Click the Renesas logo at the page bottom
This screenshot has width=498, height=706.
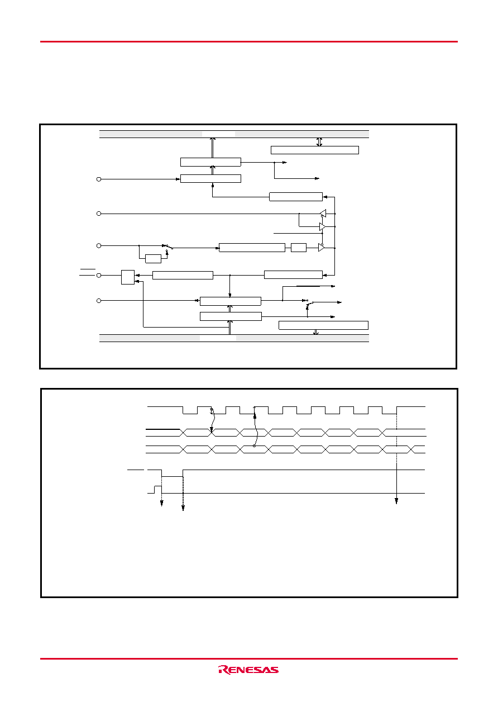pyautogui.click(x=248, y=670)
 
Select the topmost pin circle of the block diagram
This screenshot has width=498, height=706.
pyautogui.click(x=99, y=179)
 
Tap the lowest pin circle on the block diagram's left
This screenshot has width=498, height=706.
pyautogui.click(x=99, y=301)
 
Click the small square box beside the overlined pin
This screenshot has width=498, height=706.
pyautogui.click(x=128, y=277)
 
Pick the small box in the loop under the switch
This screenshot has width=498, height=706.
pyautogui.click(x=154, y=259)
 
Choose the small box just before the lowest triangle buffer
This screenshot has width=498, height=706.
pyautogui.click(x=299, y=248)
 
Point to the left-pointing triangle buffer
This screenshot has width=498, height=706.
pyautogui.click(x=323, y=214)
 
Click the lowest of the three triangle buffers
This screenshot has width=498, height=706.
pyautogui.click(x=321, y=248)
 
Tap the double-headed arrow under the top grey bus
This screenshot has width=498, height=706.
pyautogui.click(x=319, y=142)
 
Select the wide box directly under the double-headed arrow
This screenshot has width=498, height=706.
pyautogui.click(x=315, y=150)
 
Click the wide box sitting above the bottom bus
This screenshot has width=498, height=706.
pyautogui.click(x=323, y=325)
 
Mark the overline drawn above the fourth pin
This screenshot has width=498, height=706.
pyautogui.click(x=88, y=269)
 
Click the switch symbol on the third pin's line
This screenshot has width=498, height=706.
pyautogui.click(x=168, y=247)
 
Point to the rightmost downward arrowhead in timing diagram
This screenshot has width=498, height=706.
pyautogui.click(x=396, y=501)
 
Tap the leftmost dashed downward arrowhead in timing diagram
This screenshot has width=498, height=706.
pyautogui.click(x=162, y=503)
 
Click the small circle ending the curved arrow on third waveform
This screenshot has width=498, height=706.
pyautogui.click(x=254, y=446)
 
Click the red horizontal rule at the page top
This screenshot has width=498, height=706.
pyautogui.click(x=248, y=41)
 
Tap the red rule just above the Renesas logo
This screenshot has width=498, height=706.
pyautogui.click(x=248, y=658)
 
